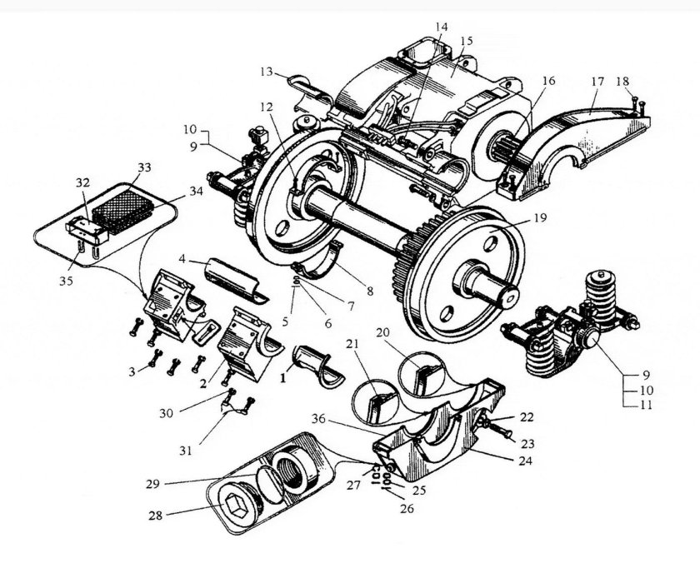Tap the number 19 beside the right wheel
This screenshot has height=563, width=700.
click(539, 220)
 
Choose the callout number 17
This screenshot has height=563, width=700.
click(597, 83)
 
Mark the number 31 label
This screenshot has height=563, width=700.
click(186, 451)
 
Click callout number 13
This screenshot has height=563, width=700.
click(266, 72)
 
